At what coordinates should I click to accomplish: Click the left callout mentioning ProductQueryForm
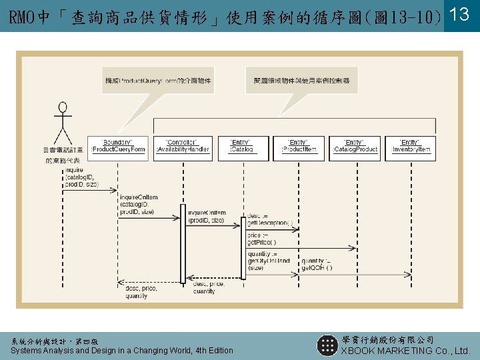point(158,81)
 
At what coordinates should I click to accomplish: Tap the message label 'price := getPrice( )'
point(263,239)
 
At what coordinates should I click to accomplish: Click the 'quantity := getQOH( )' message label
point(318,264)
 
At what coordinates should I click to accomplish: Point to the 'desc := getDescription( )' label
point(269,219)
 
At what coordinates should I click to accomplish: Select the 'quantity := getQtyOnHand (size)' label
point(268,261)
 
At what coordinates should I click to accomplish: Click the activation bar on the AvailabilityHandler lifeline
point(183,243)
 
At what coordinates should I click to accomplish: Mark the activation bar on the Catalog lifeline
point(243,250)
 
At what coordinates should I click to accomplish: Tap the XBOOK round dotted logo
point(327,345)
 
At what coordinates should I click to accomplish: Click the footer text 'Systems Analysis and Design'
point(67,351)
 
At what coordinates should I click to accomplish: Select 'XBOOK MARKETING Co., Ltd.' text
point(405,351)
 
